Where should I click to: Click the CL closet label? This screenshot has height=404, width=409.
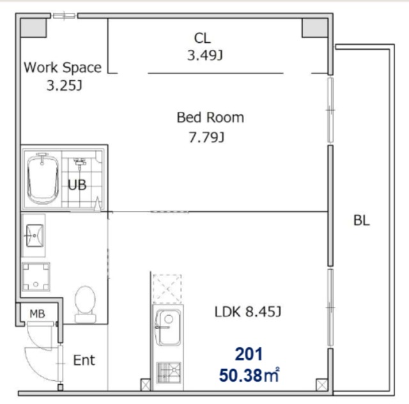(202, 38)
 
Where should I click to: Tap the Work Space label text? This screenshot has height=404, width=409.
(63, 68)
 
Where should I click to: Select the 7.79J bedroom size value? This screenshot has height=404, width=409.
(206, 137)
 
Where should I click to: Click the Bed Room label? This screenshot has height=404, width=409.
(210, 118)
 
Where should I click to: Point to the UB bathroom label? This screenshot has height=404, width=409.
(77, 185)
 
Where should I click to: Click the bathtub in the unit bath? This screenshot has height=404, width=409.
(43, 178)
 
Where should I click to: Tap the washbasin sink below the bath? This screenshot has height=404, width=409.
(34, 236)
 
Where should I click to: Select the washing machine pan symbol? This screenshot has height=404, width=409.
(36, 277)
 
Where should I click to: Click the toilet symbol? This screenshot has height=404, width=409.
(85, 304)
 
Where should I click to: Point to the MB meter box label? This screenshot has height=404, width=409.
(37, 314)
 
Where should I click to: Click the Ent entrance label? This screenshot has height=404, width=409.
(84, 360)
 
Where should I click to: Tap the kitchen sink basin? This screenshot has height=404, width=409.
(167, 327)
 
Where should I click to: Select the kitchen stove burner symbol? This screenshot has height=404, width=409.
(169, 373)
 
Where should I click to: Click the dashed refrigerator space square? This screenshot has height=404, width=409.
(167, 289)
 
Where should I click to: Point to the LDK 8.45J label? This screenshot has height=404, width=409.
(248, 311)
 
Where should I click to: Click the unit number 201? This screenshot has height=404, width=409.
(249, 354)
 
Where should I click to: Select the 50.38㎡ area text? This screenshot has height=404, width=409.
(249, 375)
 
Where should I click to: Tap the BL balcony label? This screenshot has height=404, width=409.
(362, 221)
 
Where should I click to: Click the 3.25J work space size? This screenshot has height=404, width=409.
(64, 86)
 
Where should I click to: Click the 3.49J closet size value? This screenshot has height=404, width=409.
(205, 56)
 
